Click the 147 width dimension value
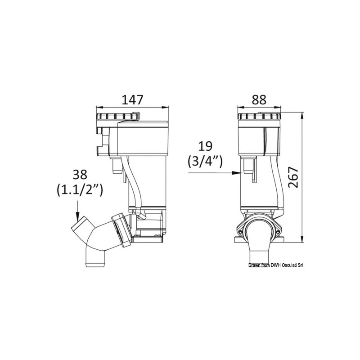132,99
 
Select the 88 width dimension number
258,99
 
